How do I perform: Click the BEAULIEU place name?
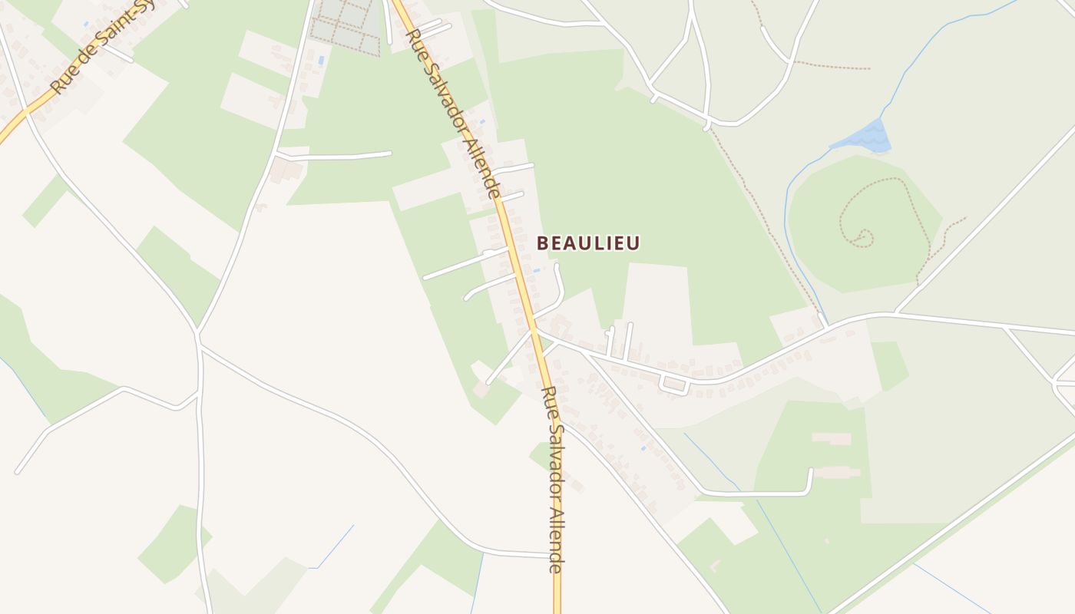(x=588, y=243)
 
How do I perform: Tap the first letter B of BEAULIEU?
(x=542, y=243)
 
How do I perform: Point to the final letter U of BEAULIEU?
(x=633, y=243)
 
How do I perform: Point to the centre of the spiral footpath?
(x=861, y=236)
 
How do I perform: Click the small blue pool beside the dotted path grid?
(x=321, y=60)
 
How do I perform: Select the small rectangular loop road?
(x=674, y=385)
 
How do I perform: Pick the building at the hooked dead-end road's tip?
(x=837, y=472)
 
